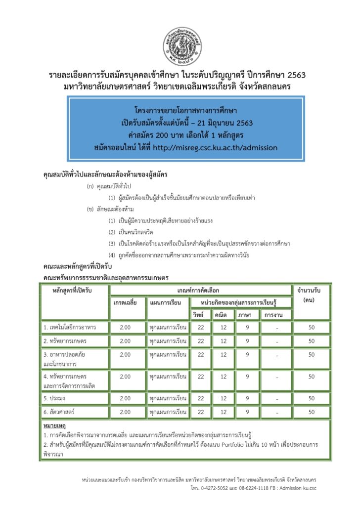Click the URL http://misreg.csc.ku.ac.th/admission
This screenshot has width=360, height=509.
click(x=215, y=147)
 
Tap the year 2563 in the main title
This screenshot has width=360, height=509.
click(x=295, y=75)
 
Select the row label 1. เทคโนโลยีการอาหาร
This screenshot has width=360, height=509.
click(x=69, y=328)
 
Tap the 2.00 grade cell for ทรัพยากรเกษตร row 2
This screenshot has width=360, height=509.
click(x=125, y=341)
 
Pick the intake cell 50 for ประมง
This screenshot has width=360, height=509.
click(x=311, y=398)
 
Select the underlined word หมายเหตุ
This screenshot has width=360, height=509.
click(x=54, y=425)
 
